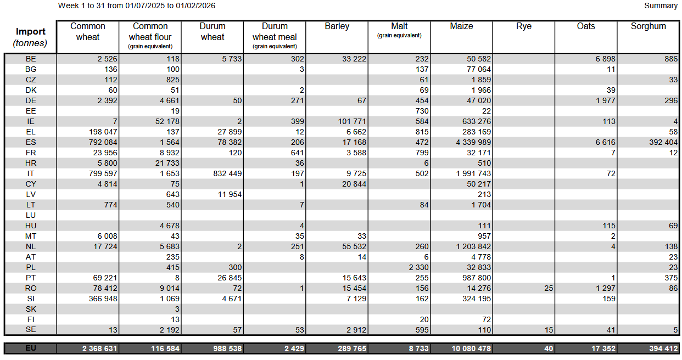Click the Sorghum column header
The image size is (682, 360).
pos(648,26)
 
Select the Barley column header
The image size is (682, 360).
pos(337,26)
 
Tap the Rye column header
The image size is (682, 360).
pos(523,26)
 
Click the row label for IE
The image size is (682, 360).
pos(31,121)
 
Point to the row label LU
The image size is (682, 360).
pos(31,215)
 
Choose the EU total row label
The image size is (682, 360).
pos(31,348)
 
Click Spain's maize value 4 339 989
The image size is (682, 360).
pos(470,142)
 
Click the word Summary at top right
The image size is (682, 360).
pos(661,5)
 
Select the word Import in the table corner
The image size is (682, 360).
pos(31,32)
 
